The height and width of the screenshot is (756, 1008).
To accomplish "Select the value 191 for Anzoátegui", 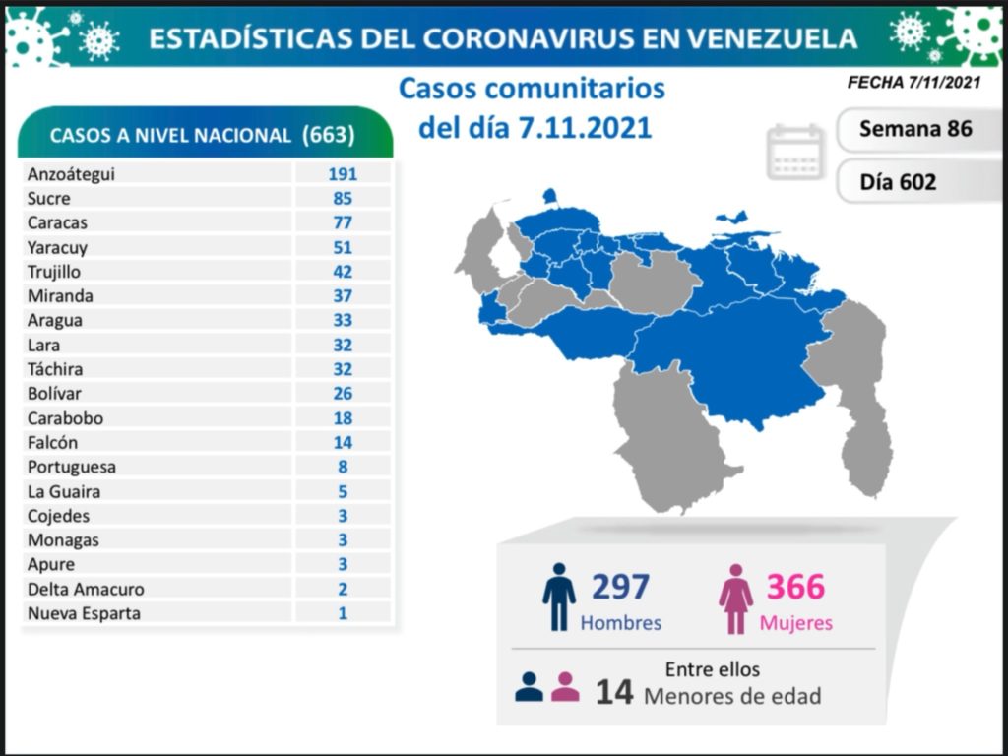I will pos(342,174).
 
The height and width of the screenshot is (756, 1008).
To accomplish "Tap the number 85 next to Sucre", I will pos(342,199).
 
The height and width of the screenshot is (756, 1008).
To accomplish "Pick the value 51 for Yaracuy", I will pos(342,247).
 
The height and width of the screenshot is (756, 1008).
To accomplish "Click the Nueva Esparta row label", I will pos(84,613).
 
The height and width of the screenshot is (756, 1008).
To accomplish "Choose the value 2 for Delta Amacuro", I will pos(342,589).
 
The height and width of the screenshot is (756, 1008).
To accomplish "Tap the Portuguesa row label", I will pos(71,467).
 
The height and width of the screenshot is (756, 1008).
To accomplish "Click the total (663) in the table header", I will pos(329,135).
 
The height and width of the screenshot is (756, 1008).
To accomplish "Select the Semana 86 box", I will pos(914,129).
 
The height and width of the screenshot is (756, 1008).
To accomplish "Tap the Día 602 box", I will pos(897,182).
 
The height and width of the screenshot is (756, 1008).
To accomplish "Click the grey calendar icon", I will pos(795,152).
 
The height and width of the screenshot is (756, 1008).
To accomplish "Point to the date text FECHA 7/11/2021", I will pos(913,84).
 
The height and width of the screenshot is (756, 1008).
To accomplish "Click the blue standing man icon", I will pos(558,597).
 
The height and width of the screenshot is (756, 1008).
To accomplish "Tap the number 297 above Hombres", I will pos(620,587).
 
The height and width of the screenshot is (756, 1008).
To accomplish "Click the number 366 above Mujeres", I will pos(795,587).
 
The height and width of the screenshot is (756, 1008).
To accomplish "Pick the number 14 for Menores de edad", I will pos(613,693).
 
